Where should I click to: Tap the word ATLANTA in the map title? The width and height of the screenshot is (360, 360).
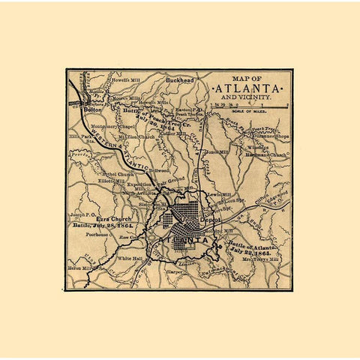[250, 88]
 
